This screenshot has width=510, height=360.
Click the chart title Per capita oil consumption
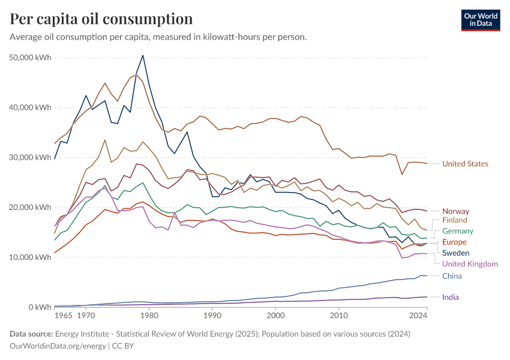[101, 19]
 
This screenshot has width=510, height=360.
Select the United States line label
[465, 164]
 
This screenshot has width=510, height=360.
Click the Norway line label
[455, 211]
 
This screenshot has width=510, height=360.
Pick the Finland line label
[455, 220]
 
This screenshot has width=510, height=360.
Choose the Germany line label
[458, 231]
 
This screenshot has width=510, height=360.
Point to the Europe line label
[455, 242]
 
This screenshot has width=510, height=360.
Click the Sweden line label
[455, 253]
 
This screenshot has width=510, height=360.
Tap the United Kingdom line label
[470, 264]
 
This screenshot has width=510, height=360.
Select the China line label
[452, 276]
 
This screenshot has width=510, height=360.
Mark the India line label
[451, 297]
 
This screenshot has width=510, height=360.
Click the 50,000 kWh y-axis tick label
[31, 58]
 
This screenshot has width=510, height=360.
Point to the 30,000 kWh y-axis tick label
[31, 157]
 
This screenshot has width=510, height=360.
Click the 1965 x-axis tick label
[64, 315]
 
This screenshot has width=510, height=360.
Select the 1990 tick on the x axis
[212, 315]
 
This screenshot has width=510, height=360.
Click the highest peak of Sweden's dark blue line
[142, 55]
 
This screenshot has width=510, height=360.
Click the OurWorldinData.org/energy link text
[58, 346]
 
